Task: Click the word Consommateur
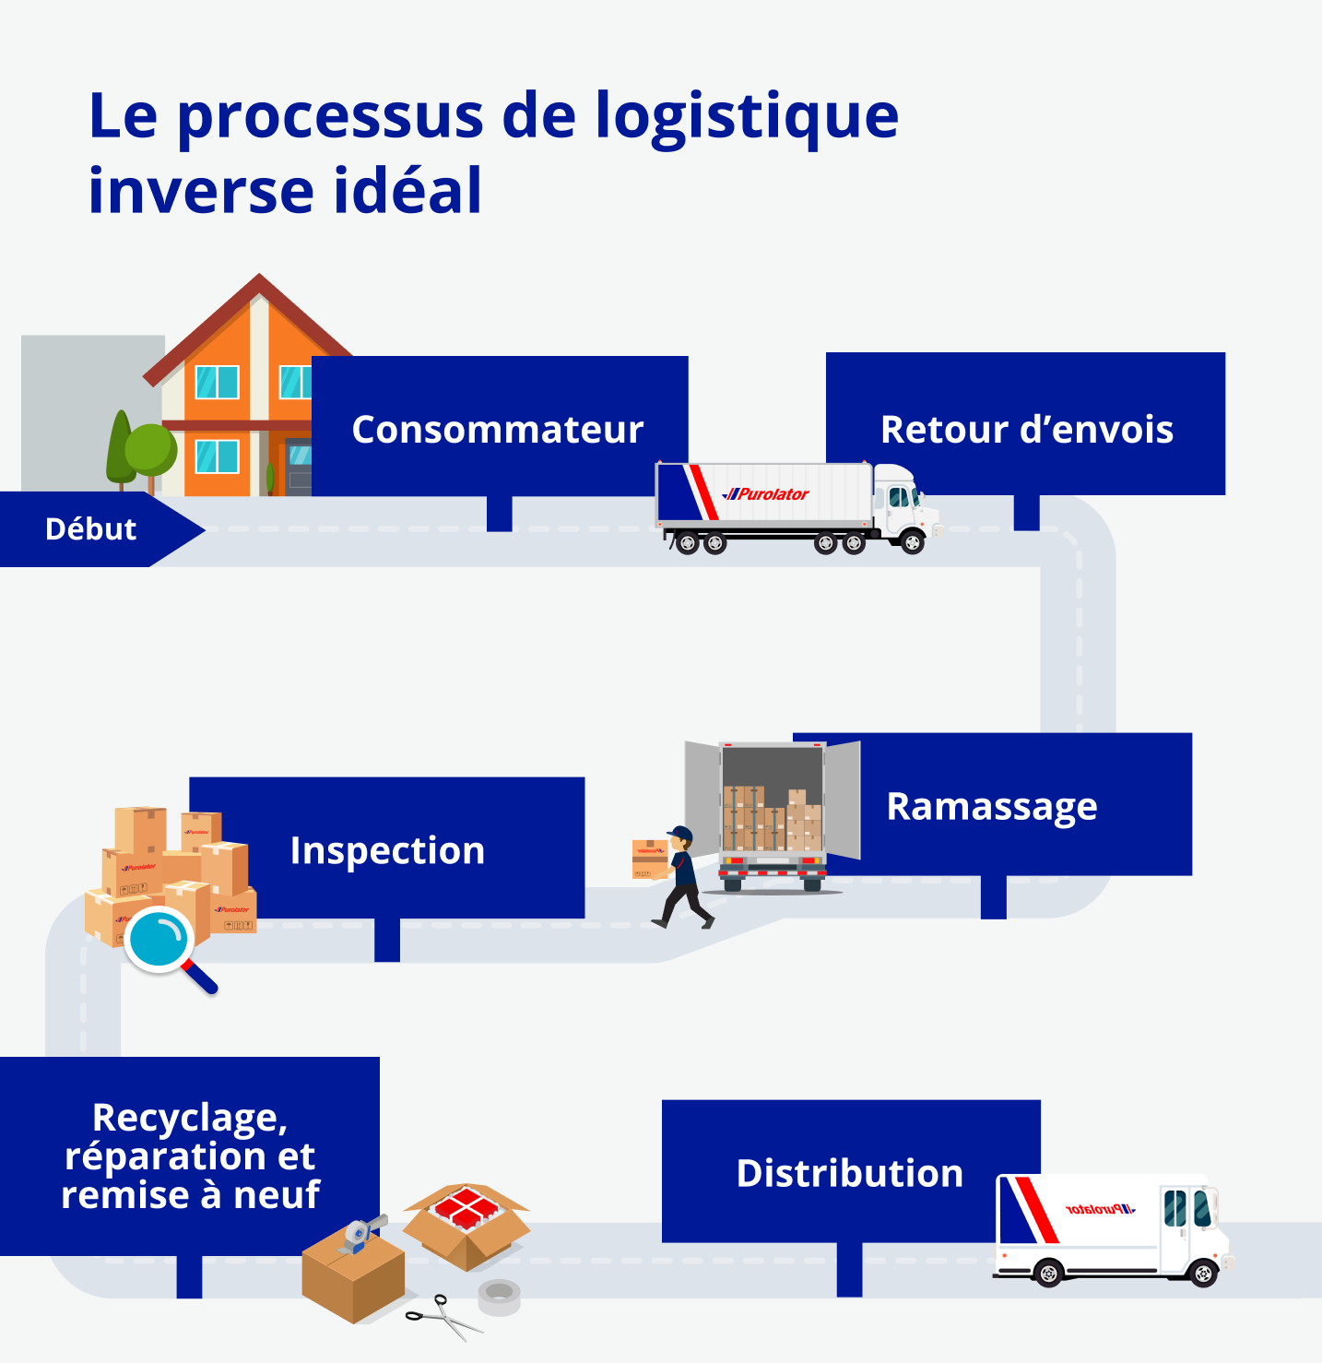click(498, 430)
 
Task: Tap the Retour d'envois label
click(1027, 430)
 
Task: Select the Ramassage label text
click(992, 806)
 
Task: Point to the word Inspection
click(387, 850)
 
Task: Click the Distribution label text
click(849, 1173)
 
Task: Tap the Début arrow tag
click(91, 529)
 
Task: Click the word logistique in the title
click(747, 116)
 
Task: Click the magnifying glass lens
click(159, 939)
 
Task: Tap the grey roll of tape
click(500, 1297)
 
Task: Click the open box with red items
click(466, 1222)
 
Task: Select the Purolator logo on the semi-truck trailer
click(766, 494)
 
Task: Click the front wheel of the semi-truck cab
click(913, 542)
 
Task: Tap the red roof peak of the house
click(259, 279)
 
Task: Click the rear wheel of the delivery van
click(1048, 1274)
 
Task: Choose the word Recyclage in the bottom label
click(190, 1118)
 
